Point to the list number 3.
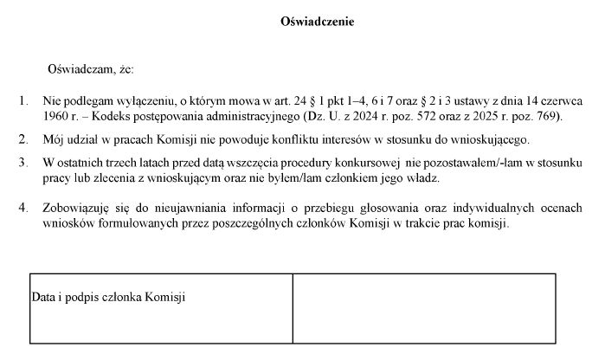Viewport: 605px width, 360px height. pos(23,163)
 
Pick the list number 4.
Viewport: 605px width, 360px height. pos(23,209)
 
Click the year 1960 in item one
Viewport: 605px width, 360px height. pos(56,116)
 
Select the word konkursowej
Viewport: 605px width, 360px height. pos(368,163)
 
